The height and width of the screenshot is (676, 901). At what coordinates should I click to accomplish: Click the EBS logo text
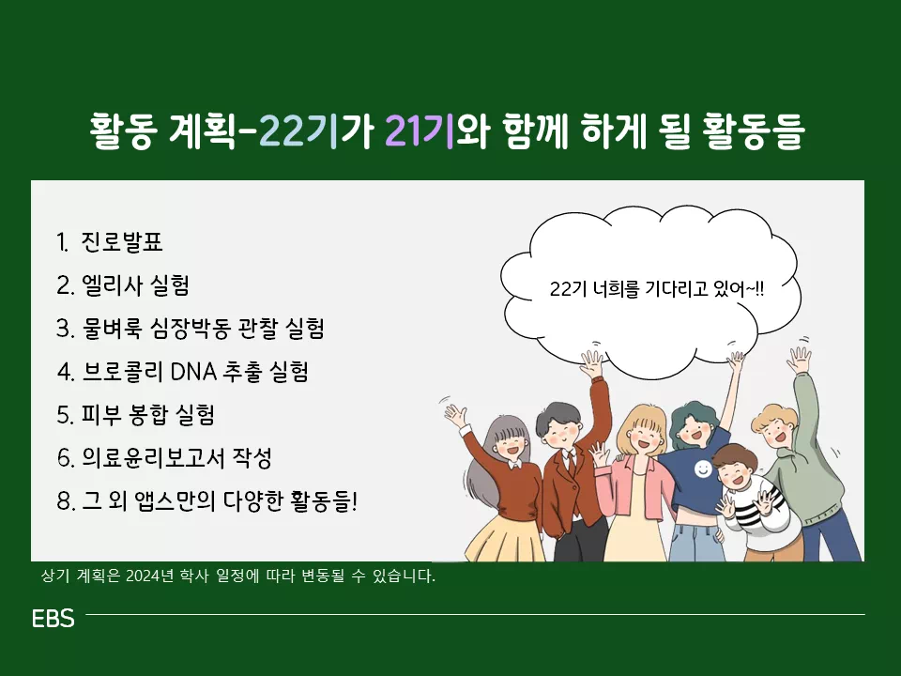point(53,619)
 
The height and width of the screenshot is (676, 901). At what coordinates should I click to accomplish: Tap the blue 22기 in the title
point(298,131)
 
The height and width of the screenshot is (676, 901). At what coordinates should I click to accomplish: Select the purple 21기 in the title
point(419,131)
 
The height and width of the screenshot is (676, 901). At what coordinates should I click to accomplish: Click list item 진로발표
point(122,242)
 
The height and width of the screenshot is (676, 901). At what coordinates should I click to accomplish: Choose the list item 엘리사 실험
point(135,285)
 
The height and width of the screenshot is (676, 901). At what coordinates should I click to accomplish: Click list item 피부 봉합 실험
point(147,415)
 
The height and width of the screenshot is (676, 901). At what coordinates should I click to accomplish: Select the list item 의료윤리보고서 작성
point(176,458)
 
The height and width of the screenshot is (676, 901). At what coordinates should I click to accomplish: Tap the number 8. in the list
point(66,501)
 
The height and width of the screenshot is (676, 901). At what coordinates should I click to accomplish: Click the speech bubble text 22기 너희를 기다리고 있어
point(657,288)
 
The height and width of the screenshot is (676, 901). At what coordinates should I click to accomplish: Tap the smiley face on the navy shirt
point(703,469)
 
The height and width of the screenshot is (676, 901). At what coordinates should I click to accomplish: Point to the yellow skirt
point(504,538)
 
